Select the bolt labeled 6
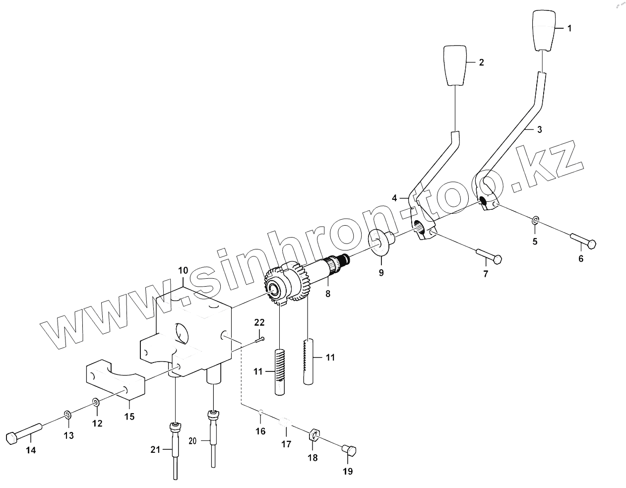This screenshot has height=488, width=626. click(x=583, y=242)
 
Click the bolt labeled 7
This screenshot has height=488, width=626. click(x=490, y=256)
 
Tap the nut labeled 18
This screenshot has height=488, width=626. click(x=313, y=436)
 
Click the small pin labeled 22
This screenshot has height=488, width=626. click(x=260, y=339)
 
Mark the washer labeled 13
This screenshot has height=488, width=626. click(x=68, y=414)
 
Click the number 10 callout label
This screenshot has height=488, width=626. click(x=183, y=270)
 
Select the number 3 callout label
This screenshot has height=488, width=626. click(x=539, y=129)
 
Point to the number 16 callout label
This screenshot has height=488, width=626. click(x=260, y=431)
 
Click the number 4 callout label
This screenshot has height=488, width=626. click(x=394, y=198)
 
